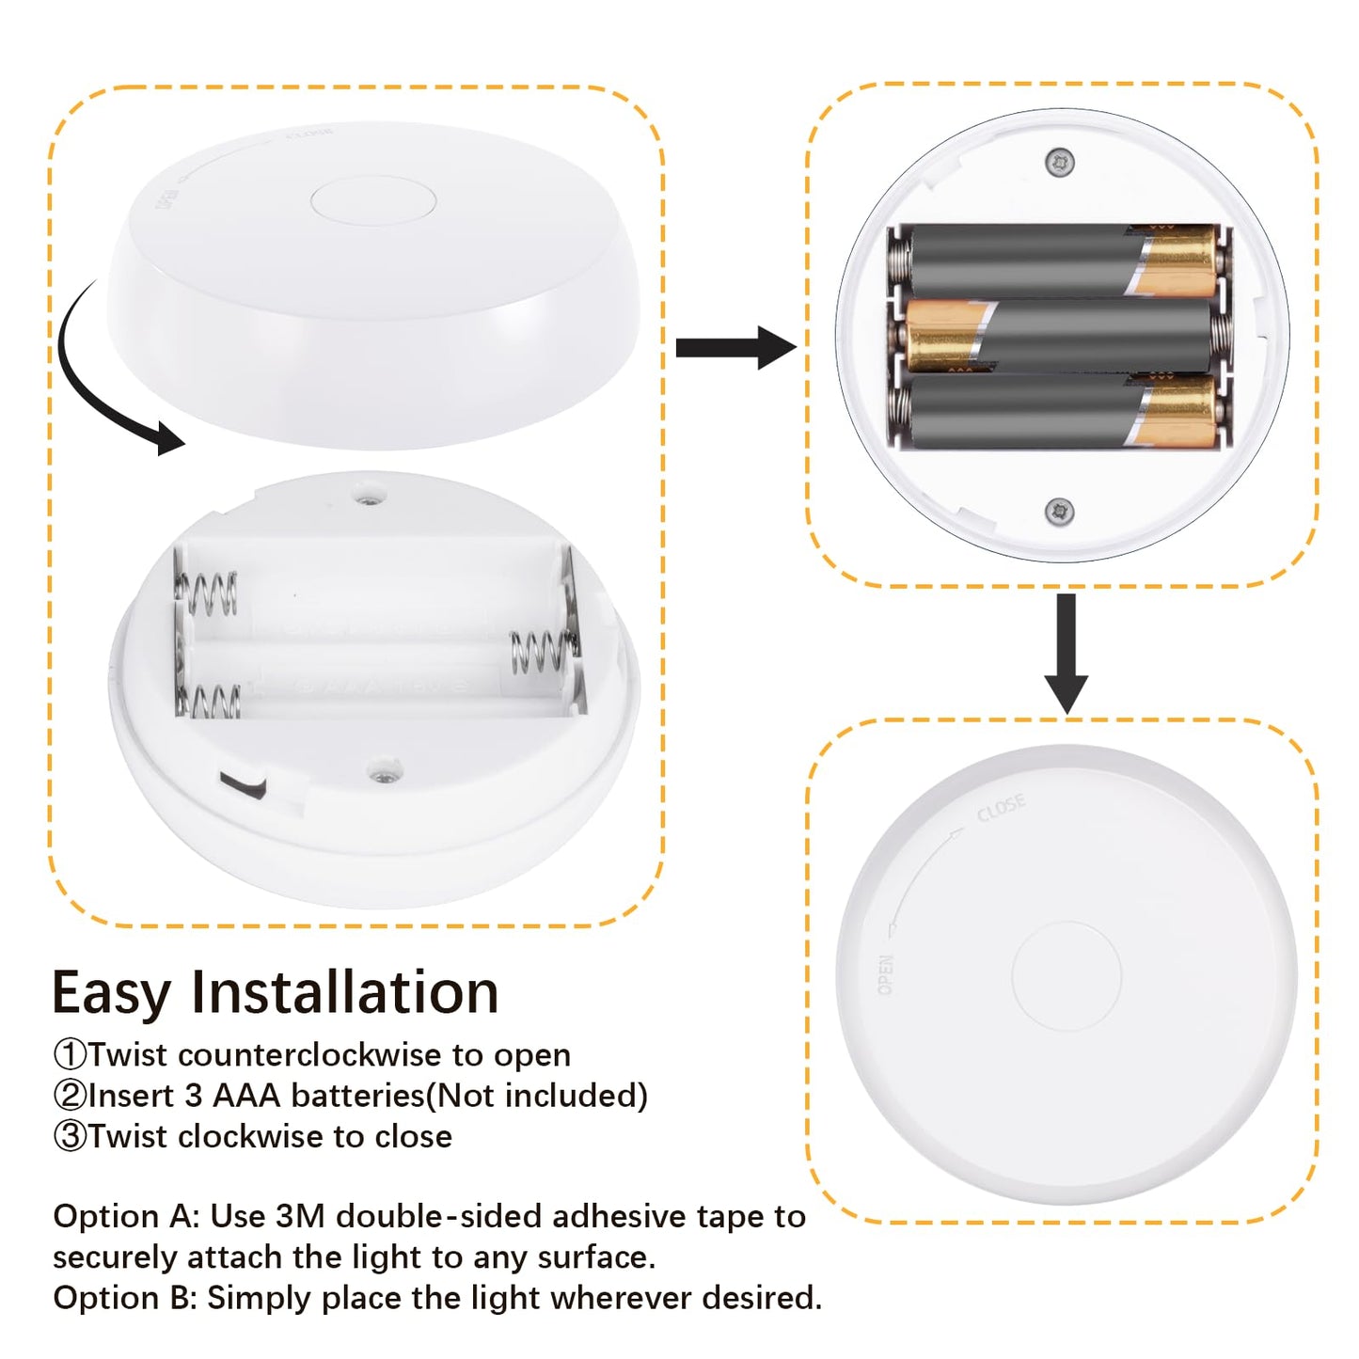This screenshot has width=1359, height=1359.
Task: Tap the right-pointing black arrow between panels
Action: (x=735, y=348)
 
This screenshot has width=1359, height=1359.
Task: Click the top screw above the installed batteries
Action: (x=1060, y=162)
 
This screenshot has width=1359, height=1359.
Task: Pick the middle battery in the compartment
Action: (x=1058, y=337)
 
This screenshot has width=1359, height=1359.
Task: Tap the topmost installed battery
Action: (x=1058, y=261)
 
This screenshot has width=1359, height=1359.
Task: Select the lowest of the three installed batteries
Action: (x=1058, y=411)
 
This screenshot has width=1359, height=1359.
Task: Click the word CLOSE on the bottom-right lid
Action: (x=1001, y=807)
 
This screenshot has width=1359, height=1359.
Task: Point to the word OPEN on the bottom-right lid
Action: (x=886, y=974)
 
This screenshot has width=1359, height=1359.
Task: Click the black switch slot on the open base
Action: (x=243, y=783)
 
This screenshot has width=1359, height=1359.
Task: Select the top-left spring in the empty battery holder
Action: (x=208, y=593)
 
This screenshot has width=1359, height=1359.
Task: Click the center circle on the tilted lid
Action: (x=373, y=200)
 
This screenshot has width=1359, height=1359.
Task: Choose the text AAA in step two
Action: (x=247, y=1096)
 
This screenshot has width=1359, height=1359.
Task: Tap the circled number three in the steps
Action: (x=70, y=1136)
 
